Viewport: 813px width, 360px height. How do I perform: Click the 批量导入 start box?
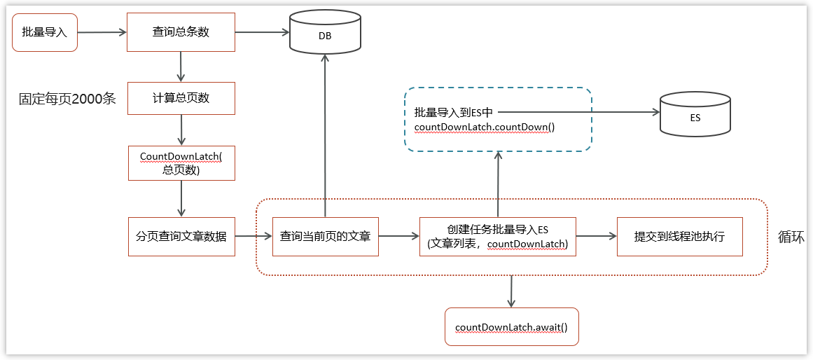coord(45,32)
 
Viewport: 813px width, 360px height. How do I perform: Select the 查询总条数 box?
coord(181,32)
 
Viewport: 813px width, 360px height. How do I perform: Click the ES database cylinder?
coord(695,116)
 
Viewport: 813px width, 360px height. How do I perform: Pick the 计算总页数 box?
coord(181,98)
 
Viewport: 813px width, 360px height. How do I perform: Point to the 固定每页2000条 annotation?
coord(67,99)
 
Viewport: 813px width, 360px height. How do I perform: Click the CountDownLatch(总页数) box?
coord(181,162)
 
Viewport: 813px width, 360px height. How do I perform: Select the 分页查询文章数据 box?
coord(181,237)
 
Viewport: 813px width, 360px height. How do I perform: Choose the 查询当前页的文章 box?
coord(326,237)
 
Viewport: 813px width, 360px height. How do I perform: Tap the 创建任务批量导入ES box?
coord(497,237)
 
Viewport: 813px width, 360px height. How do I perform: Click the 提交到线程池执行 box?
coord(679,237)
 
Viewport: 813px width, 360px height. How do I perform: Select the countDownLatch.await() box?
coord(511,327)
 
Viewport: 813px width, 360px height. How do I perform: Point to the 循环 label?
coord(791,237)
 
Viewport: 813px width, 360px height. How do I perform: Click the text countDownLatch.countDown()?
coord(484,127)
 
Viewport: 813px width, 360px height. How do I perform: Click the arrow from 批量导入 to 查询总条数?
coord(102,32)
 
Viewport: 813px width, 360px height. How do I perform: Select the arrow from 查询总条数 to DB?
coord(262,32)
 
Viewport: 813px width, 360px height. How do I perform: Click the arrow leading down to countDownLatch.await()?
coord(511,291)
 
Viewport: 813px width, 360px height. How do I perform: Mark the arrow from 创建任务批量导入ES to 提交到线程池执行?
coord(596,237)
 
